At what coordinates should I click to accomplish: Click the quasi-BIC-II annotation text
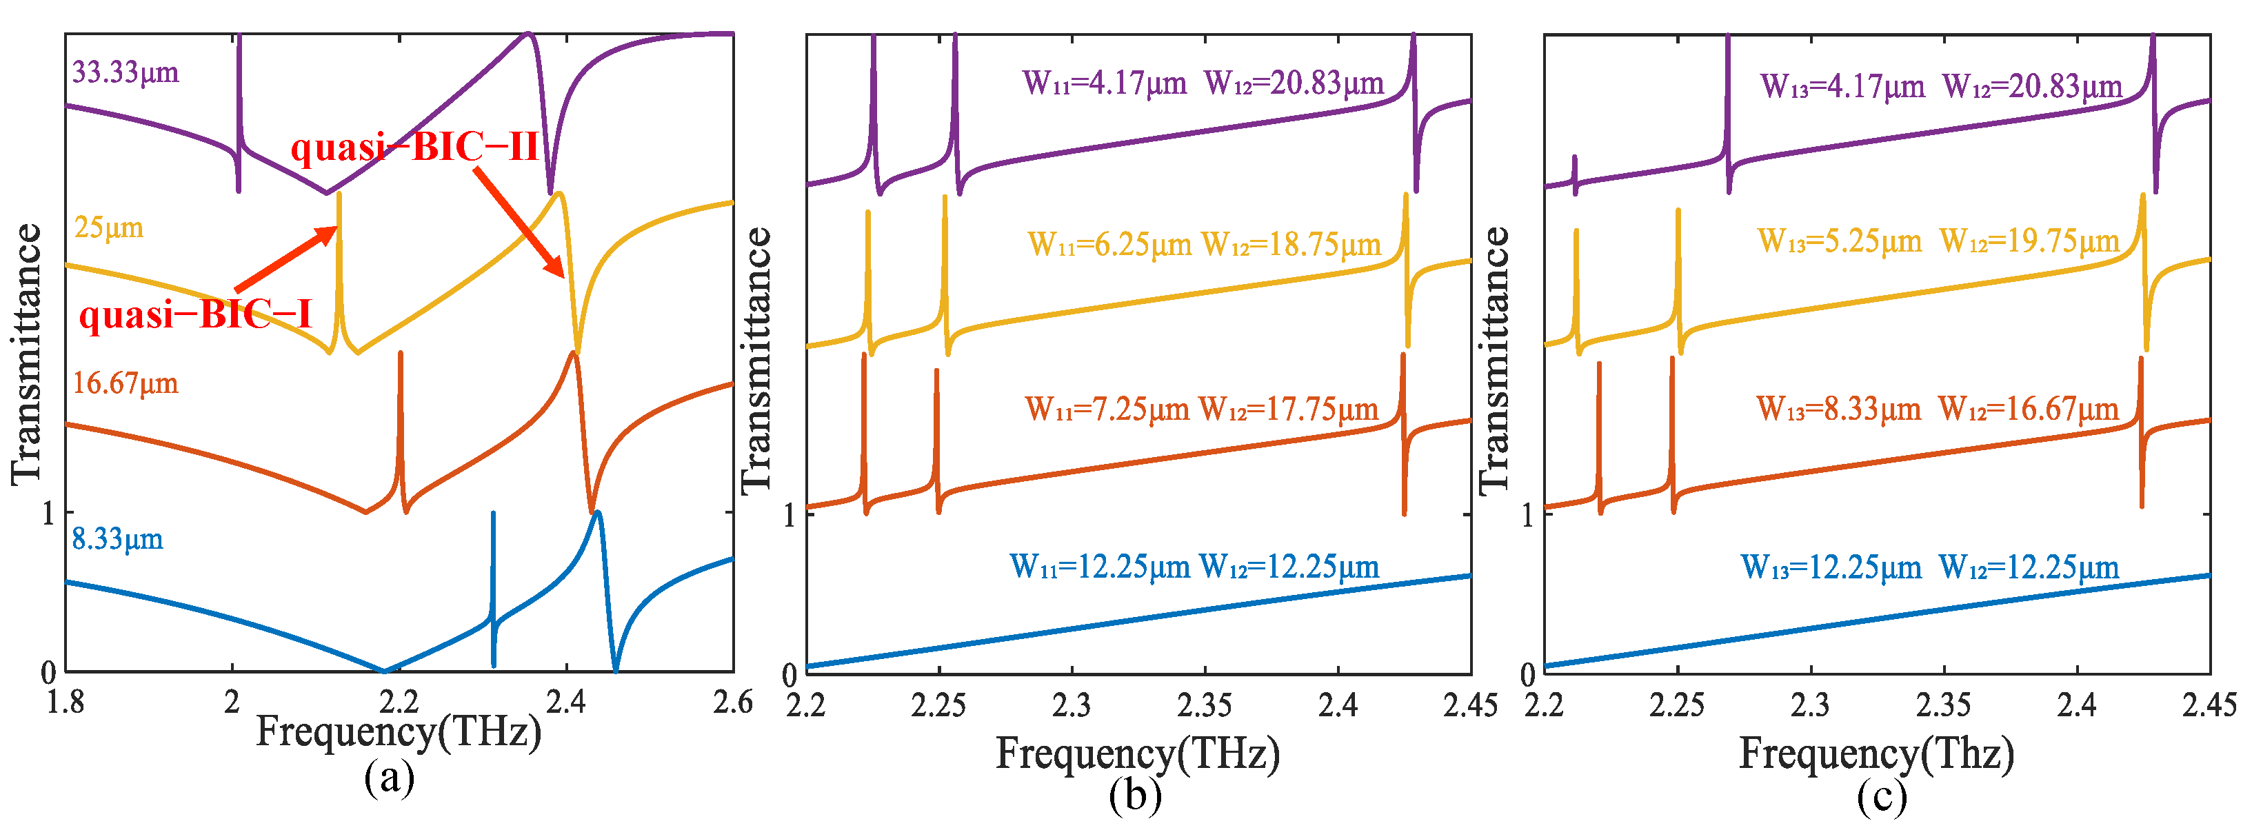point(414,147)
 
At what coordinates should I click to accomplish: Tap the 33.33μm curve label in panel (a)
point(125,72)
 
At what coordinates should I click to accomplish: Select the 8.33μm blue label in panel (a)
point(117,539)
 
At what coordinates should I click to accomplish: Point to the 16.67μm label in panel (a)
point(125,383)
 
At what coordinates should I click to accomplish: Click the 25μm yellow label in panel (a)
point(108,228)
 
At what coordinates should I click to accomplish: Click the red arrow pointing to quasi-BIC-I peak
point(286,259)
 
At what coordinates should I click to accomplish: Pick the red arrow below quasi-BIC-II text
point(520,222)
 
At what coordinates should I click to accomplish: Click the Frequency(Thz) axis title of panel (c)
point(1876,753)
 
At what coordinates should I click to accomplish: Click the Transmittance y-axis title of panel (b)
point(756,360)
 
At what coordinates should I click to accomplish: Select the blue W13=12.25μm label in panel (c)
point(1831,568)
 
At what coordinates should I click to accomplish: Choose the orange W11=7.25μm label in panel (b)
point(1107,409)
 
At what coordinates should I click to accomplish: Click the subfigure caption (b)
point(1135,797)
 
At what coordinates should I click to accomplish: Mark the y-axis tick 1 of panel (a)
point(48,513)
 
